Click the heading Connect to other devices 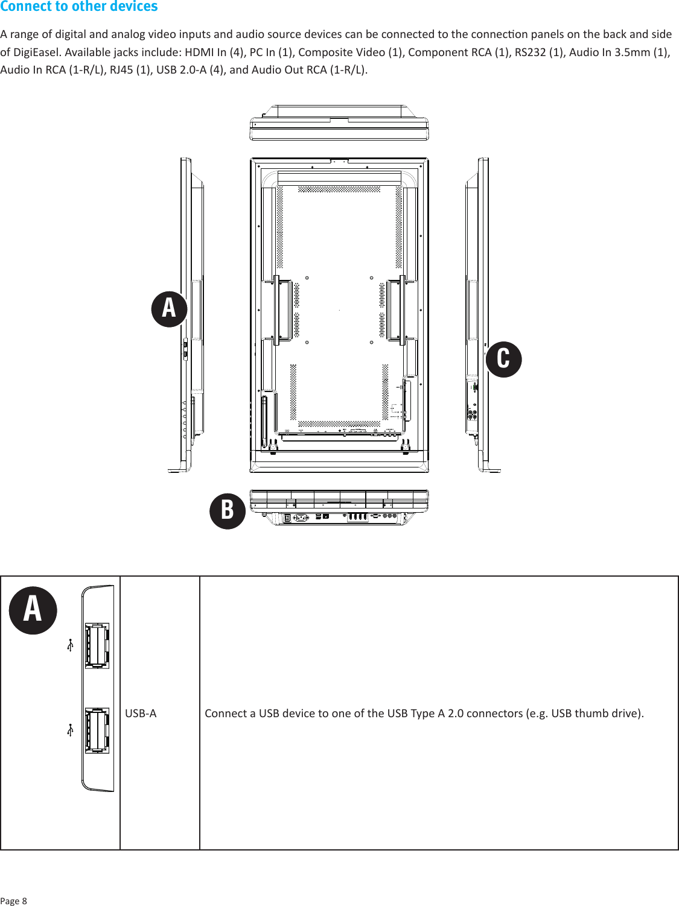79,7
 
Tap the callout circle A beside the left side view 169,309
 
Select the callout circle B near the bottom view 228,510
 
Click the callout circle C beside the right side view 503,359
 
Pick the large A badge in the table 33,610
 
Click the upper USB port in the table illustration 97,645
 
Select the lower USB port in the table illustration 97,730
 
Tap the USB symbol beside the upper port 70,645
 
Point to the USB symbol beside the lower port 70,730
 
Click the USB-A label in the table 141,714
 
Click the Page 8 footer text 14,901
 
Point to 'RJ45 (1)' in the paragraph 130,69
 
